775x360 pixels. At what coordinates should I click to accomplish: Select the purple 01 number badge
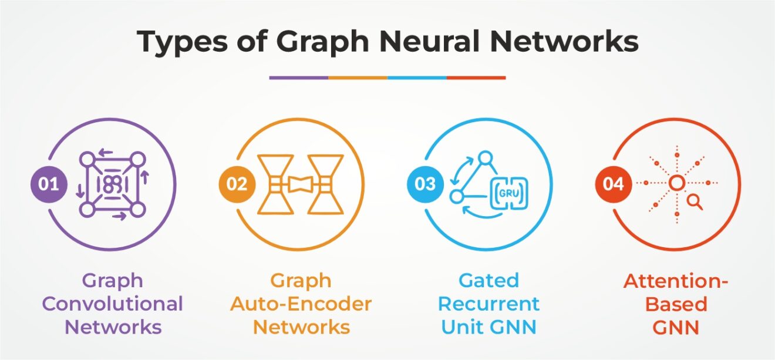[x=49, y=184]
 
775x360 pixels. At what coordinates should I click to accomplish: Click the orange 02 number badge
[x=237, y=184]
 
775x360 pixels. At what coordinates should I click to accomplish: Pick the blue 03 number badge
[x=425, y=184]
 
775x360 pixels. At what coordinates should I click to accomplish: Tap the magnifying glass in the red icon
[x=695, y=202]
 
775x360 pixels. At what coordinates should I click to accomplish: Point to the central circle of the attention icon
[x=676, y=184]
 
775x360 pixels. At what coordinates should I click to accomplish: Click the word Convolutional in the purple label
[x=113, y=304]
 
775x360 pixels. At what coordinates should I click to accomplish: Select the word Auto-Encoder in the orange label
[x=301, y=304]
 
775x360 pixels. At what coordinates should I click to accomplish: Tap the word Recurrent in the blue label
[x=488, y=304]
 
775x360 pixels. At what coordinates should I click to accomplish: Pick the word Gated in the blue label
[x=489, y=281]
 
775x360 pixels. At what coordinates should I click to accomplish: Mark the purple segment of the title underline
[x=299, y=78]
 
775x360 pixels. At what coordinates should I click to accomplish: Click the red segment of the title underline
[x=476, y=78]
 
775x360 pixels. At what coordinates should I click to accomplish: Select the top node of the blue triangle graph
[x=485, y=157]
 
